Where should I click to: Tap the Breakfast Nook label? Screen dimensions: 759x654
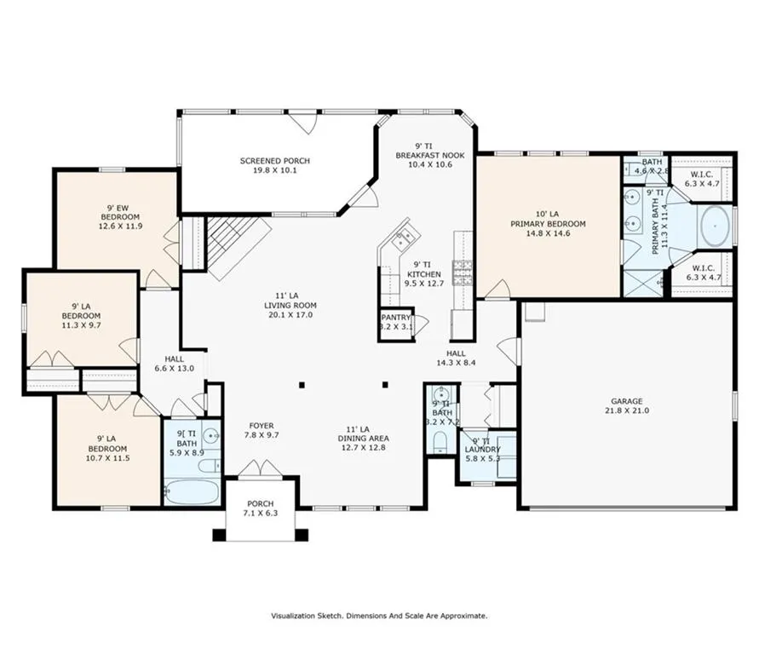430,155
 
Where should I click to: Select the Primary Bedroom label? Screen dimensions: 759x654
548,223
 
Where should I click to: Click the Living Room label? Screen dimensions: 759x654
290,305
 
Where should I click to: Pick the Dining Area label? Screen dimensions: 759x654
364,439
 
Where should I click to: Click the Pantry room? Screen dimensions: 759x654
396,324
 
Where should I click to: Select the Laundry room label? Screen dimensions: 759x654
482,450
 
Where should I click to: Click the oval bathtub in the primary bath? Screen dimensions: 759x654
715,227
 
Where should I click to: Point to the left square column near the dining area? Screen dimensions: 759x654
302,385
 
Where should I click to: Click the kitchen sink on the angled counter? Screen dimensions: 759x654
404,238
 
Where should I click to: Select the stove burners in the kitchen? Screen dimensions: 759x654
463,272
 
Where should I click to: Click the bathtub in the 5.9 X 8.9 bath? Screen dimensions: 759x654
193,492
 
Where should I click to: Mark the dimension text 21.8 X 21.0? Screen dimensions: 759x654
627,410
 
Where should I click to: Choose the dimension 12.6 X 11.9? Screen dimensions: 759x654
120,226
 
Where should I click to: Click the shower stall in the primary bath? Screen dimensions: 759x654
643,284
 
